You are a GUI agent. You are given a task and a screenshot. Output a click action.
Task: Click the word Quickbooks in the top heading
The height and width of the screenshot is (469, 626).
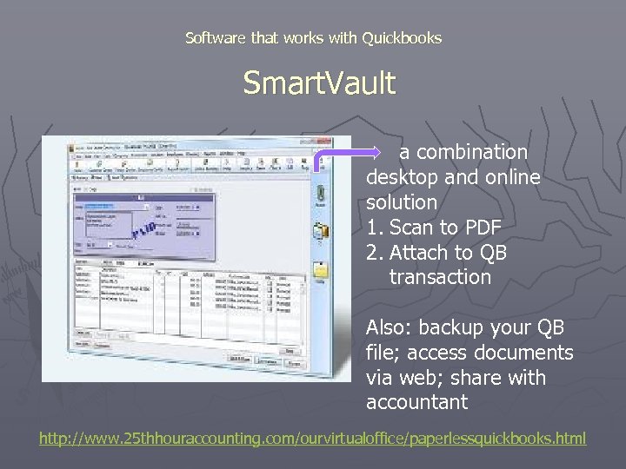[402, 38]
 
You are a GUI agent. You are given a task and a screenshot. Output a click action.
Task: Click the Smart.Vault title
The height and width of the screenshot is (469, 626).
[318, 83]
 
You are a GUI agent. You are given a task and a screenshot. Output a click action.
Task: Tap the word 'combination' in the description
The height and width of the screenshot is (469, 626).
[472, 152]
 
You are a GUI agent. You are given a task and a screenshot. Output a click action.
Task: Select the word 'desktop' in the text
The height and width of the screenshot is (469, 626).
[402, 177]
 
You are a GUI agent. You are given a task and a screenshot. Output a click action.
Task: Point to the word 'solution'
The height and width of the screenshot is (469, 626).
[401, 202]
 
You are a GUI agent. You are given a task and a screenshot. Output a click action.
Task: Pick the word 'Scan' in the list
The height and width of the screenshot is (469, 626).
[411, 228]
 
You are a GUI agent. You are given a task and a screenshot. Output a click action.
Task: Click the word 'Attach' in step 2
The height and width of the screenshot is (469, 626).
[420, 253]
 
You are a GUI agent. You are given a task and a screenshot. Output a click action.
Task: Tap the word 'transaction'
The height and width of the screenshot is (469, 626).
[440, 277]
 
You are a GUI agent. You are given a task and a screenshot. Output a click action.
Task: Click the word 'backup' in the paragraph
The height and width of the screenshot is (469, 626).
[452, 327]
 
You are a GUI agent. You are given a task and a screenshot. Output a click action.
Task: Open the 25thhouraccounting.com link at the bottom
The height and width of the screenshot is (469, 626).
[312, 438]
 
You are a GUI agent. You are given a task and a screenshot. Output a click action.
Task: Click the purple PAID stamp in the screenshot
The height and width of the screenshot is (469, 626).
[143, 231]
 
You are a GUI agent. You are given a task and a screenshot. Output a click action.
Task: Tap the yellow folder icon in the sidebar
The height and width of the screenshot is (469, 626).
[321, 270]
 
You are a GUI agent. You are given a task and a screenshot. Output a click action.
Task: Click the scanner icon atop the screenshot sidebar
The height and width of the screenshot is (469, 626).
[320, 192]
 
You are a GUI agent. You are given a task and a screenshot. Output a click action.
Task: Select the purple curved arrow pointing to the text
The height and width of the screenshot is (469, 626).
[339, 156]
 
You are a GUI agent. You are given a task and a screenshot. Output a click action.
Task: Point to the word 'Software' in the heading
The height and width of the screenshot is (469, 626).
[216, 38]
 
